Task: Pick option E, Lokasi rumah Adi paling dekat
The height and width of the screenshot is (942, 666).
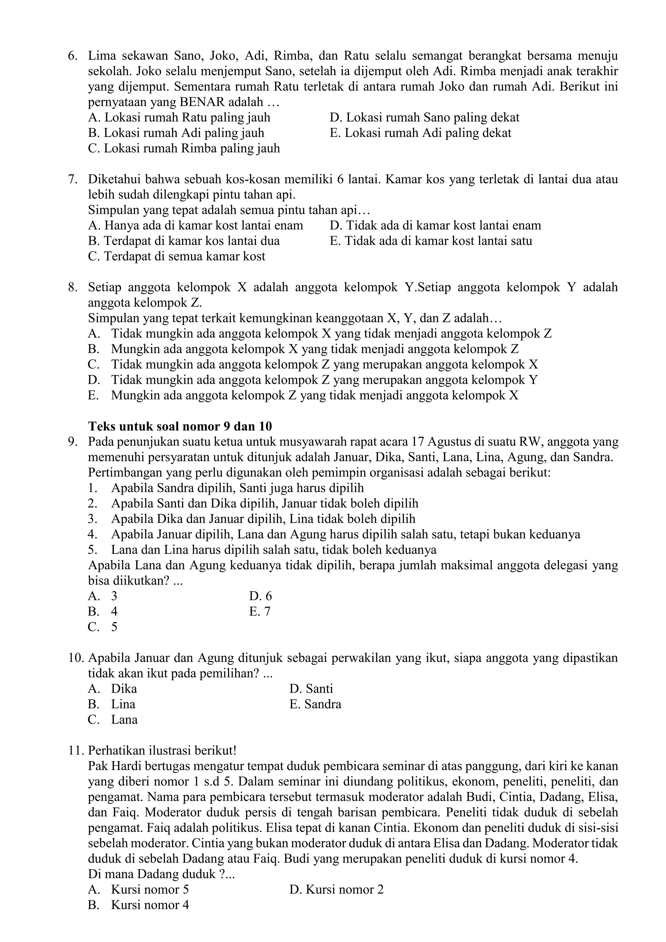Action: tap(420, 133)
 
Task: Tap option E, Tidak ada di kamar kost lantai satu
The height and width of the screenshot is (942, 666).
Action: tap(431, 241)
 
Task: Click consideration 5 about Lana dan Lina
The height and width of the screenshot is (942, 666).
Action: tap(262, 550)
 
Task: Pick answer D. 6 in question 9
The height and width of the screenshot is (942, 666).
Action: tap(260, 596)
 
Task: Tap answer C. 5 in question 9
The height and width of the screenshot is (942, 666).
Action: tap(102, 627)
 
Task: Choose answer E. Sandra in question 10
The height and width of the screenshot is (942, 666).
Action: tap(315, 705)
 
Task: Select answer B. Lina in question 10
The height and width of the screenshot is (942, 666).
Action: tap(112, 705)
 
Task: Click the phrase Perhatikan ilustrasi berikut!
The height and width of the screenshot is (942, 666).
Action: tap(162, 751)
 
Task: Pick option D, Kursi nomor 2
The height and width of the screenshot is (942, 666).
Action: tap(336, 890)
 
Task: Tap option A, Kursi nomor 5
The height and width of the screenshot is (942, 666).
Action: tap(139, 890)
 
